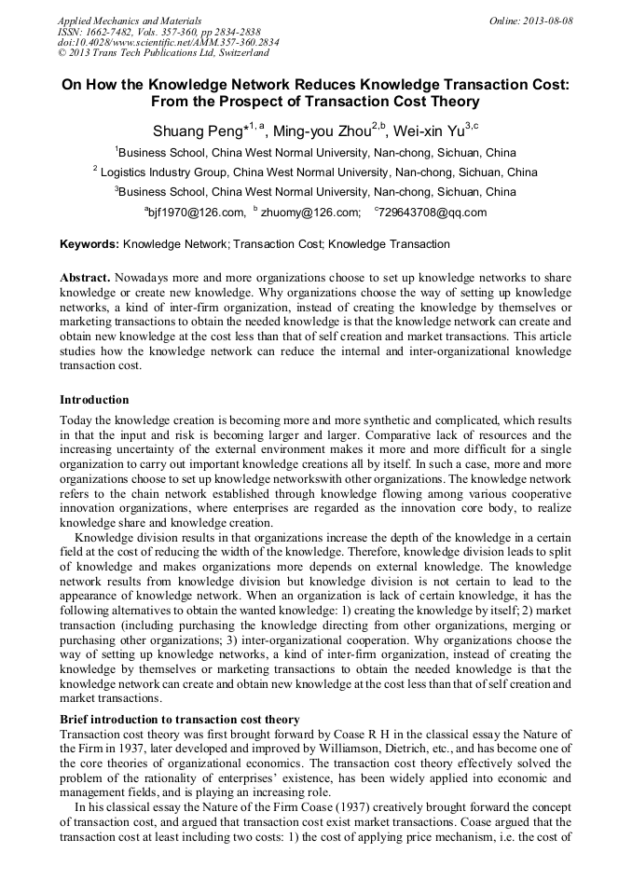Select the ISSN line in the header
click(159, 32)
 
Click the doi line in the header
click(168, 43)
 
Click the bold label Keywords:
click(89, 244)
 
